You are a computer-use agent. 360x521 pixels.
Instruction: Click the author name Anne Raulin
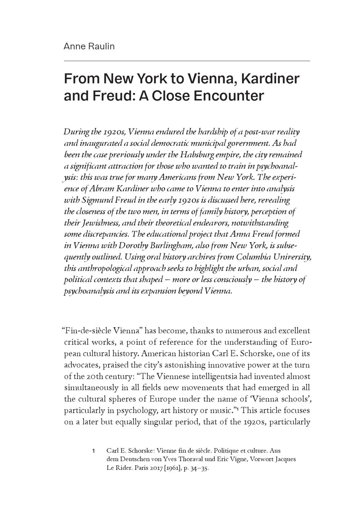(89, 46)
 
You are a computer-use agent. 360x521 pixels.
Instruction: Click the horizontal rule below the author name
(187, 61)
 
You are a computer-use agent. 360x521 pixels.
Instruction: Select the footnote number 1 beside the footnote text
(94, 451)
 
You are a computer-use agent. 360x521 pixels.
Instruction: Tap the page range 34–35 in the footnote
(200, 468)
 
